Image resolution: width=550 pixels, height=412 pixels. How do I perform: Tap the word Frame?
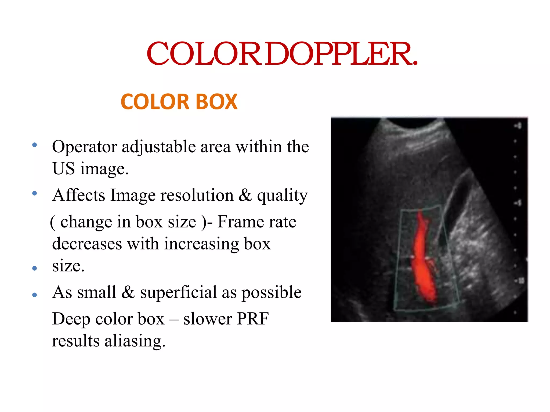click(x=238, y=222)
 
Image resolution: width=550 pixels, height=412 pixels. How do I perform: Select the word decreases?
click(x=87, y=244)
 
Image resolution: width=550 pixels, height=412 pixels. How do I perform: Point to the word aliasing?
click(x=135, y=341)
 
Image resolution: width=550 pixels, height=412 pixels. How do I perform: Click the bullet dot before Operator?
click(x=34, y=145)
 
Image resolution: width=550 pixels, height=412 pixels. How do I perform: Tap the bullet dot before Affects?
click(x=34, y=193)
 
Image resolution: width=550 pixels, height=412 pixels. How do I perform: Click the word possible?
click(x=272, y=293)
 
